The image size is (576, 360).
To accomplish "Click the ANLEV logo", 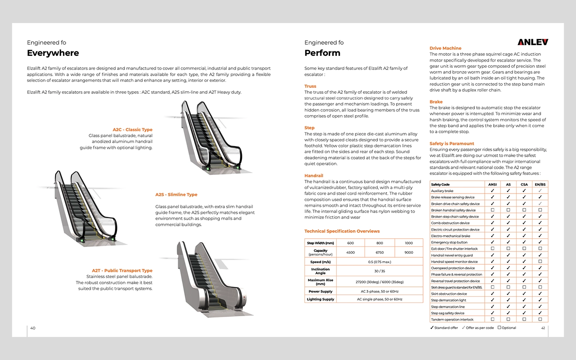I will [533, 42].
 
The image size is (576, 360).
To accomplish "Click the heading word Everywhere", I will [53, 53].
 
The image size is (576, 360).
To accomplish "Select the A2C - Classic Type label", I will [132, 130].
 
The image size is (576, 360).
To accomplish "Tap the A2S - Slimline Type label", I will [176, 195].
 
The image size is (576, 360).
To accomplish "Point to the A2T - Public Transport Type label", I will [122, 271].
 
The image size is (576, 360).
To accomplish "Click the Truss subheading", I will [310, 86].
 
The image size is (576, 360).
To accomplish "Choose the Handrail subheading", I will [314, 176].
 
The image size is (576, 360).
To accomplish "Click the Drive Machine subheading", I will [445, 48].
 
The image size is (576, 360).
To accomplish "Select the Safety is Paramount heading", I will [451, 143].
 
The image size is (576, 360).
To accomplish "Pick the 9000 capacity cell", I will [409, 252].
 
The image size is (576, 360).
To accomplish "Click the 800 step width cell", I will [379, 243].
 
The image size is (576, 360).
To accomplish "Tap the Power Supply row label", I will [320, 291].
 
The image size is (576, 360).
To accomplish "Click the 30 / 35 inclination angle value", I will [379, 271].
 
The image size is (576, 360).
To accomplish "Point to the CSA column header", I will [524, 185].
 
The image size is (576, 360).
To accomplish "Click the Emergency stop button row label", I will [449, 242].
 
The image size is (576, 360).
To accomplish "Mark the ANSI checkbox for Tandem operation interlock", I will [492, 319].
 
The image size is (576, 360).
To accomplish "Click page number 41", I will [543, 328].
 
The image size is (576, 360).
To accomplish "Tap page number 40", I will [33, 328].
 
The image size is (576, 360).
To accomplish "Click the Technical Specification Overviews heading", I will [342, 231].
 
